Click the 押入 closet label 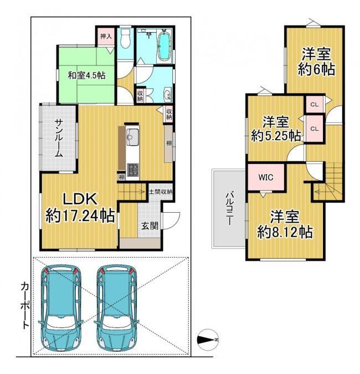click(x=106, y=37)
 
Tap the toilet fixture click(x=125, y=38)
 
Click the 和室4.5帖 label click(x=86, y=75)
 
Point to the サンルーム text click(x=59, y=138)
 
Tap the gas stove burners click(x=132, y=170)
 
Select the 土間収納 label click(x=161, y=192)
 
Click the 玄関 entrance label click(x=150, y=226)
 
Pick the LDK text click(x=80, y=198)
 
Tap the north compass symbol click(x=208, y=340)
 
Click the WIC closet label click(x=266, y=177)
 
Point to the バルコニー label click(x=229, y=208)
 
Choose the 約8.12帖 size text click(x=285, y=232)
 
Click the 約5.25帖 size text click(x=276, y=136)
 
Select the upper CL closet click(x=315, y=105)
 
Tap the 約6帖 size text click(x=317, y=69)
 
